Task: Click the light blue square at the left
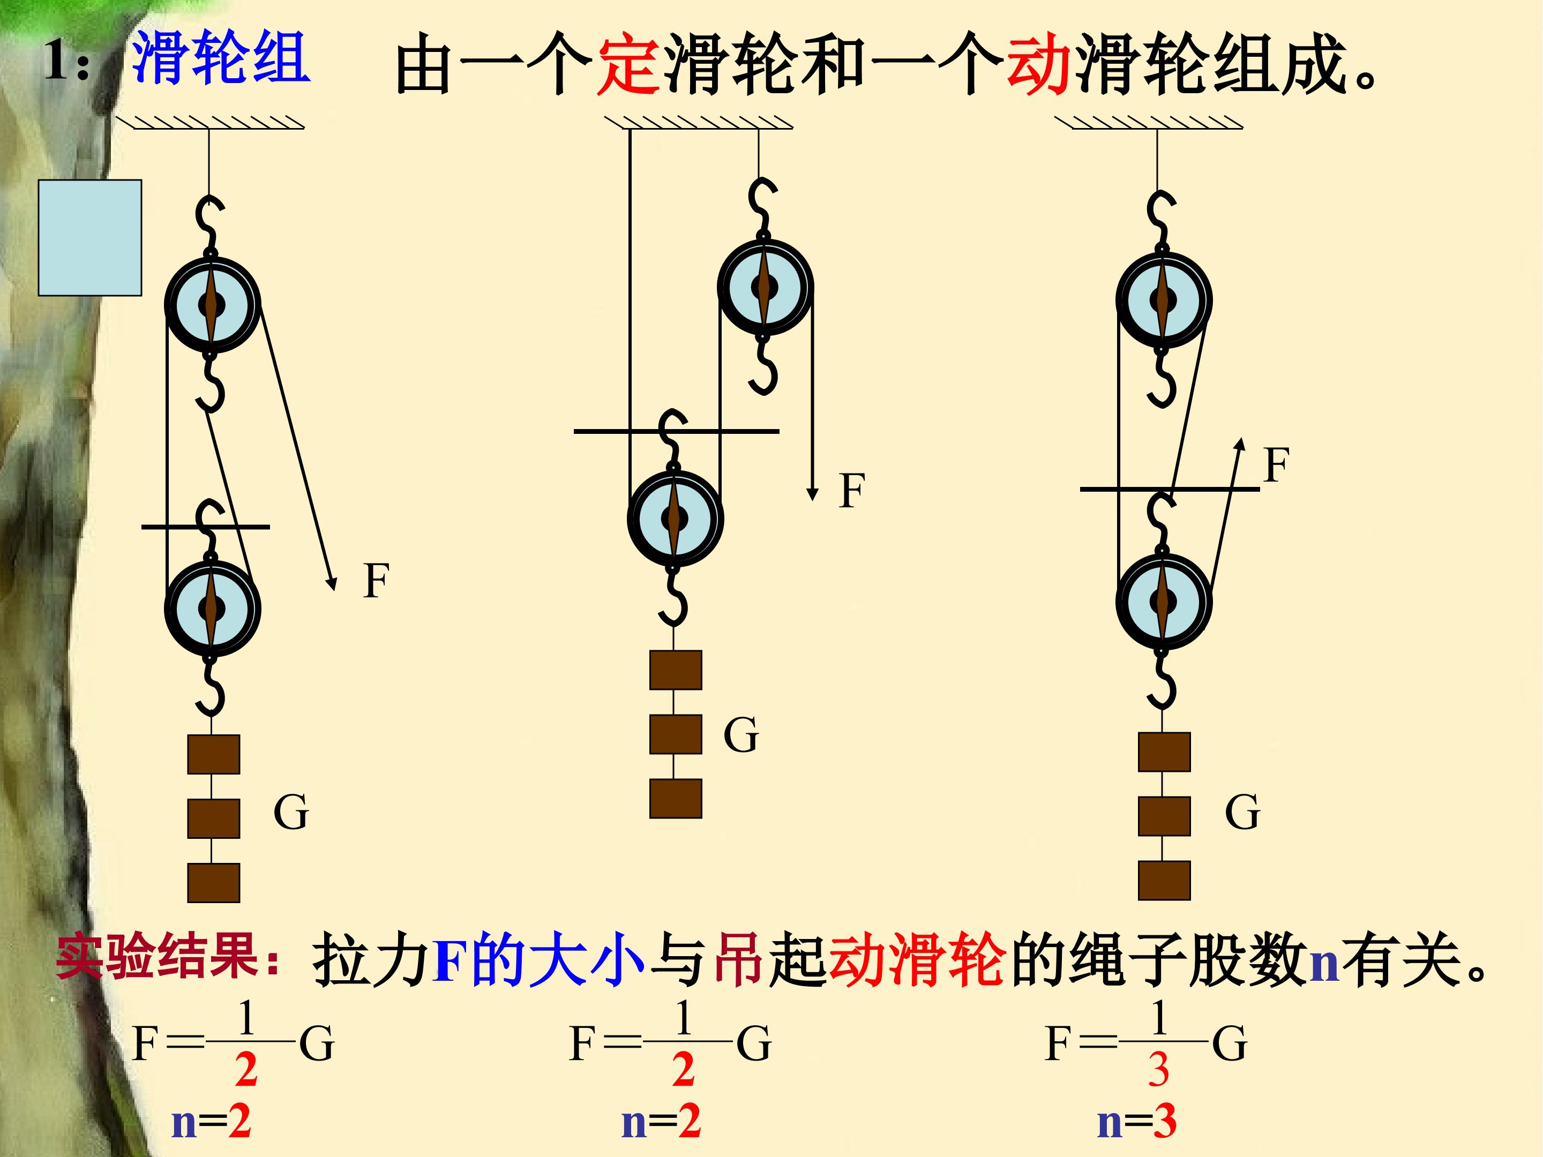point(90,237)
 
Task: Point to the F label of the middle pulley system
point(852,490)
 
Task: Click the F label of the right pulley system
point(1276,465)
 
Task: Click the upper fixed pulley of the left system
point(212,304)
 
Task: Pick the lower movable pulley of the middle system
point(675,518)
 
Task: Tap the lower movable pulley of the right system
point(1163,601)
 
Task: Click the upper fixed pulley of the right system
point(1163,300)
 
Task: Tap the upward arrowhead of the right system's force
point(1240,444)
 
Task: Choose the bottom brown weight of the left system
point(213,883)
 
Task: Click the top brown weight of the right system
point(1164,752)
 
